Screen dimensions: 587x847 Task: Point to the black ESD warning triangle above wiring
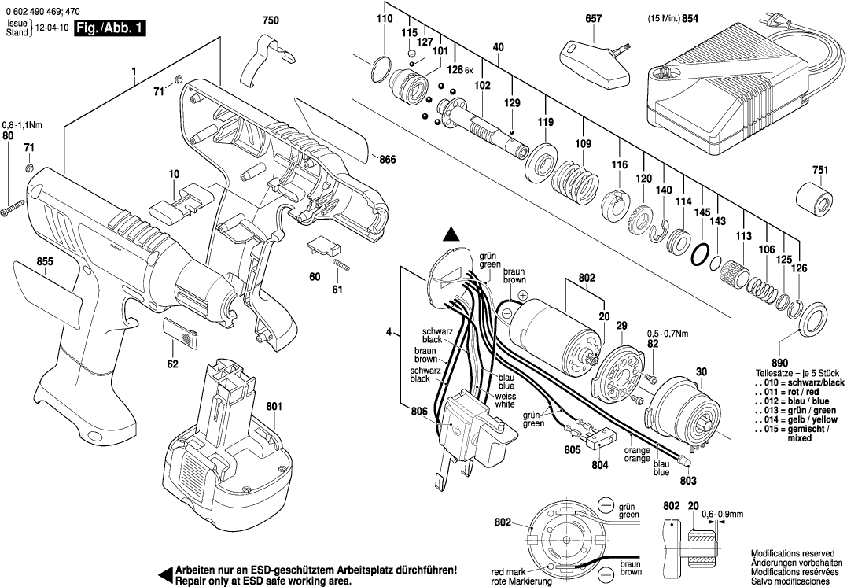(x=450, y=233)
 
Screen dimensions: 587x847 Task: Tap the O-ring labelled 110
(x=381, y=68)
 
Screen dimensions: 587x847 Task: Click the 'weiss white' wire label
(x=505, y=400)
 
